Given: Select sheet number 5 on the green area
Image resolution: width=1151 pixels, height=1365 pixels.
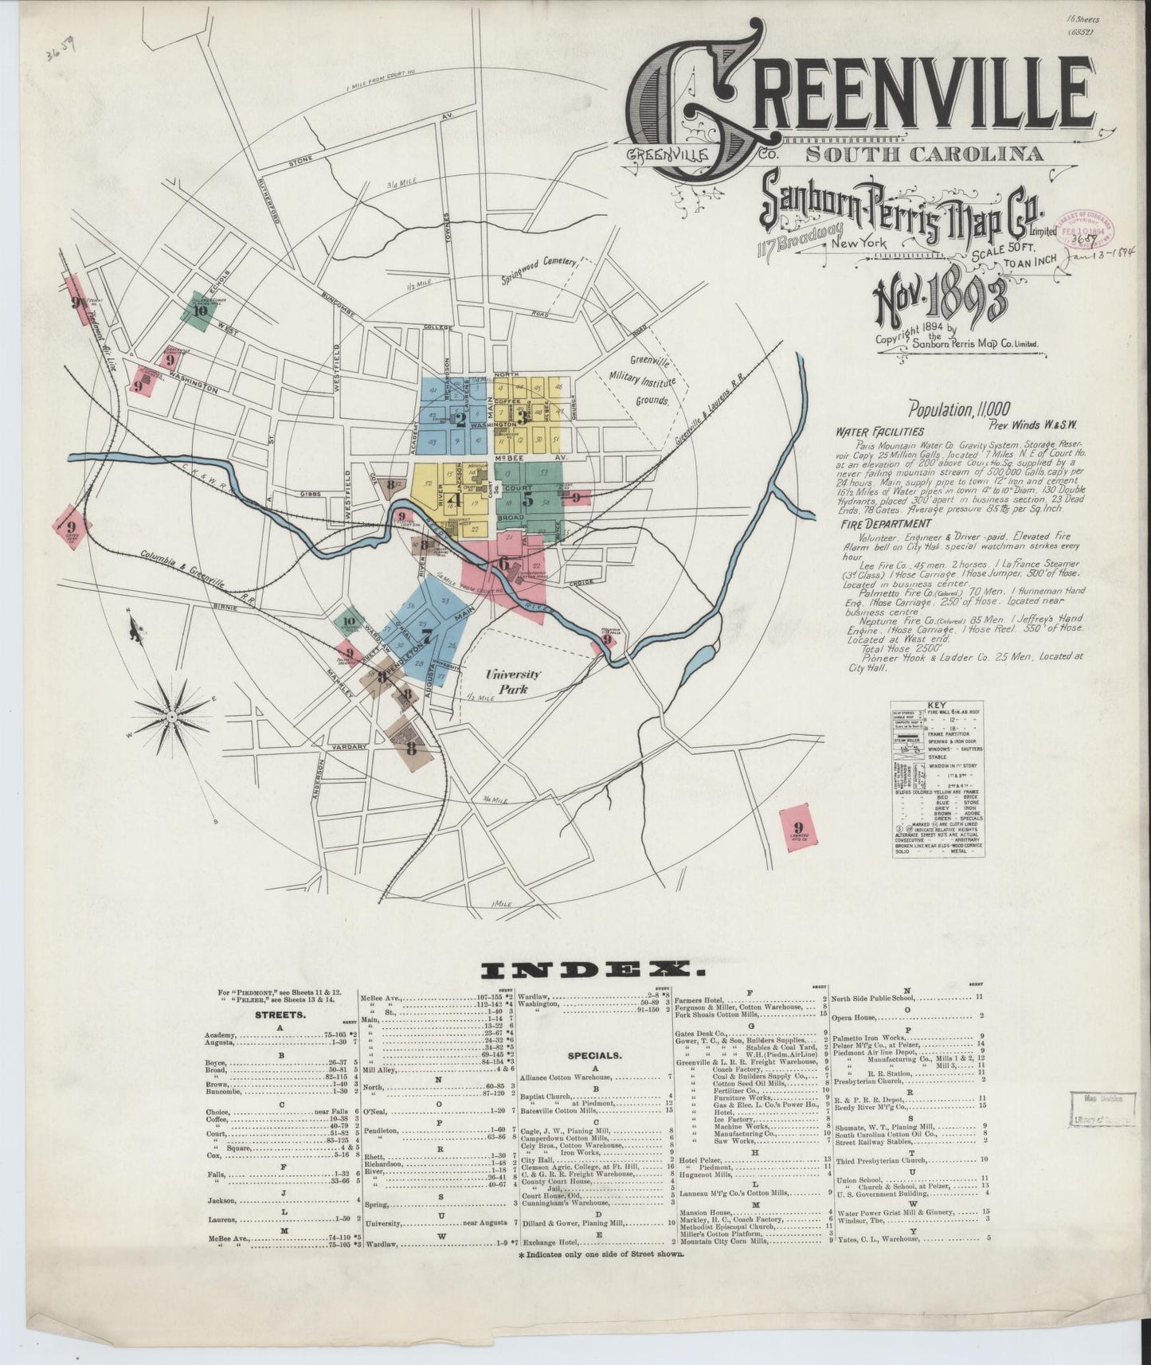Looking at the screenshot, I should pos(527,499).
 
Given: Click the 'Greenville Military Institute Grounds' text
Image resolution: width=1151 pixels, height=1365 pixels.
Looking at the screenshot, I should pos(652,381).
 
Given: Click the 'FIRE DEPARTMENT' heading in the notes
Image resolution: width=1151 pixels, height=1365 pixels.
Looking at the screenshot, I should pos(873,524).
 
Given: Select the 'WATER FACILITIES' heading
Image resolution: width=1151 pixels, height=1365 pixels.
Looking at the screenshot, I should pos(873,432).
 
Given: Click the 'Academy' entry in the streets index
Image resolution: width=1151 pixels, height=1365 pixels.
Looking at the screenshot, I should pos(221,1034).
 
